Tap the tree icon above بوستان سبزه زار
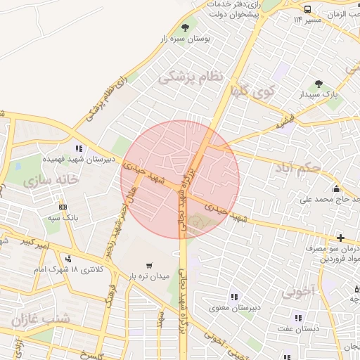point(185,27)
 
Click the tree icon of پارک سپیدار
point(319,84)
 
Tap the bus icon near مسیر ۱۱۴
point(309,8)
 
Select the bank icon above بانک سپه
point(63,207)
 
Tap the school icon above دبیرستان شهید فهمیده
point(79,148)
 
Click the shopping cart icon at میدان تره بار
point(149,265)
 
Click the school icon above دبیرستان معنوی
point(233,297)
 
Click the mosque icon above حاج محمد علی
point(336,188)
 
